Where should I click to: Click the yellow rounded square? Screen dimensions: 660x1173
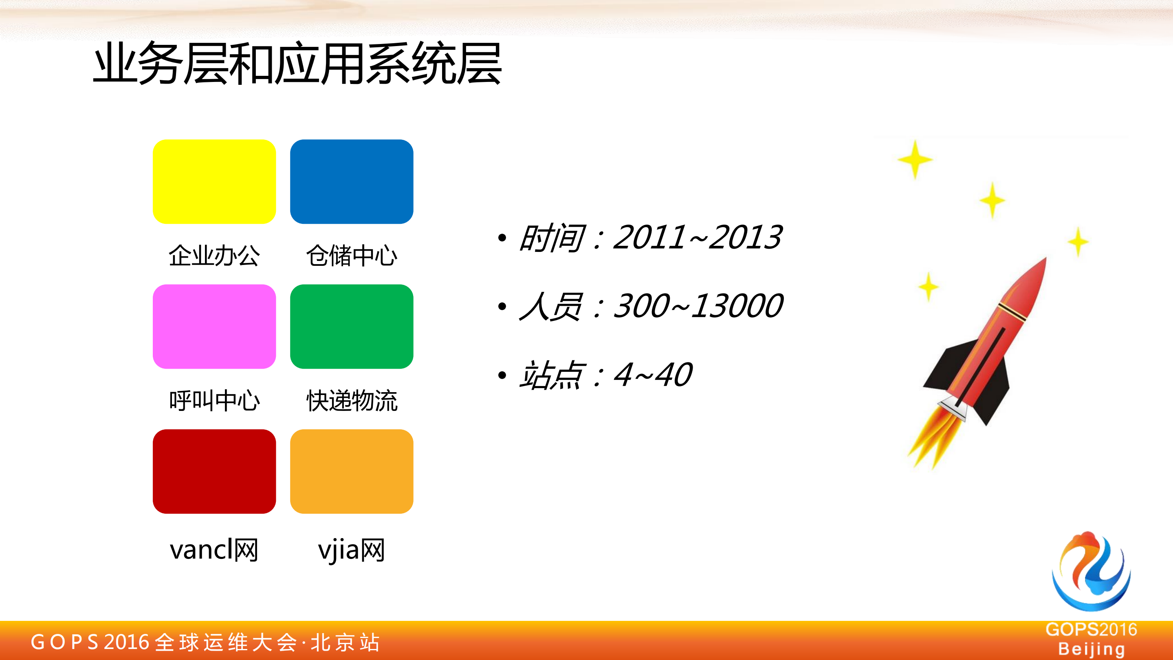click(x=214, y=181)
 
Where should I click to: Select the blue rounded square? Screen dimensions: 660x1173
click(x=352, y=181)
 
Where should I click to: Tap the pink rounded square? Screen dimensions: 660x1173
click(x=214, y=326)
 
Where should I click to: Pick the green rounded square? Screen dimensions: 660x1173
click(x=352, y=326)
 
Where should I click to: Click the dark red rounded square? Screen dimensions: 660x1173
click(x=214, y=471)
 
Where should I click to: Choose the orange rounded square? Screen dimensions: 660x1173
click(x=352, y=471)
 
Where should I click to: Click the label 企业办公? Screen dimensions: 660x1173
click(x=214, y=255)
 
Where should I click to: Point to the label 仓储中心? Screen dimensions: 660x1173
click(x=352, y=255)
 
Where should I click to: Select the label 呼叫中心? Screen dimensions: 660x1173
click(x=214, y=401)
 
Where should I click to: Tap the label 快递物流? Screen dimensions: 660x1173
click(x=352, y=401)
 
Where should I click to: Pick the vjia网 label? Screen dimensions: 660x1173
click(x=352, y=550)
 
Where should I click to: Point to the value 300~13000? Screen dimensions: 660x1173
click(x=698, y=306)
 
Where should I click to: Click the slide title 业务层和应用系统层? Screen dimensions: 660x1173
click(x=297, y=63)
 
